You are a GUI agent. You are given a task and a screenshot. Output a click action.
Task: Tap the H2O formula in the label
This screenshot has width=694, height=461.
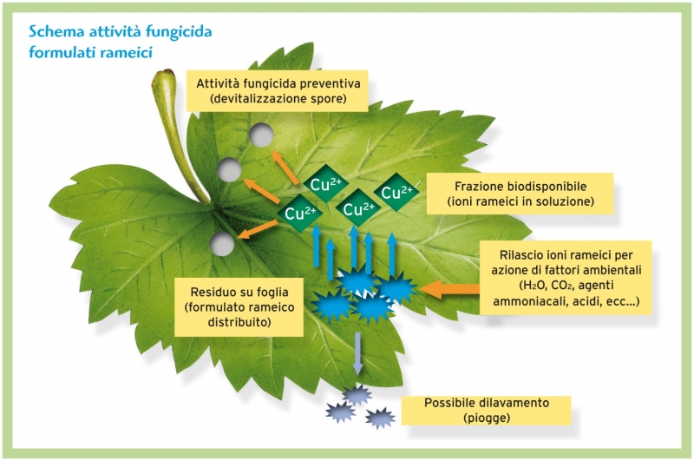(534, 285)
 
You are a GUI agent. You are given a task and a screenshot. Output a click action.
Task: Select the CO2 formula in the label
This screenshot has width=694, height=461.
(563, 285)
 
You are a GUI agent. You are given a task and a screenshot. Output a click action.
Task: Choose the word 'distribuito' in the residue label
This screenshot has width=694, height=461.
(239, 322)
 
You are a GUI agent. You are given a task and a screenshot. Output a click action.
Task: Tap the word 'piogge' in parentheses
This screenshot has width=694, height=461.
(487, 418)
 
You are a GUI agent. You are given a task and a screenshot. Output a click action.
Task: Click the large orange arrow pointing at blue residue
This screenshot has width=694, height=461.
(448, 289)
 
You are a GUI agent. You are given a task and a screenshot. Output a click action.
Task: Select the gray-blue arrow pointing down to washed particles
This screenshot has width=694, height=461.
(357, 353)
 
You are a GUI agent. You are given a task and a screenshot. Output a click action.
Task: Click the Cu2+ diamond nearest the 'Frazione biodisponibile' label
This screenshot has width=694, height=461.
(396, 192)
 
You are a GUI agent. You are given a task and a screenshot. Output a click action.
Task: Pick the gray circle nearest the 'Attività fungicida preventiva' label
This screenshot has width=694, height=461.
(261, 135)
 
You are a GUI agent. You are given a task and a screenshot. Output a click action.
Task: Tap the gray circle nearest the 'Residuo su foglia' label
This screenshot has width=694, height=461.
(222, 245)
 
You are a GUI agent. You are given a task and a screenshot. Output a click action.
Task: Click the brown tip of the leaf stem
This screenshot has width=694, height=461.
(167, 73)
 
